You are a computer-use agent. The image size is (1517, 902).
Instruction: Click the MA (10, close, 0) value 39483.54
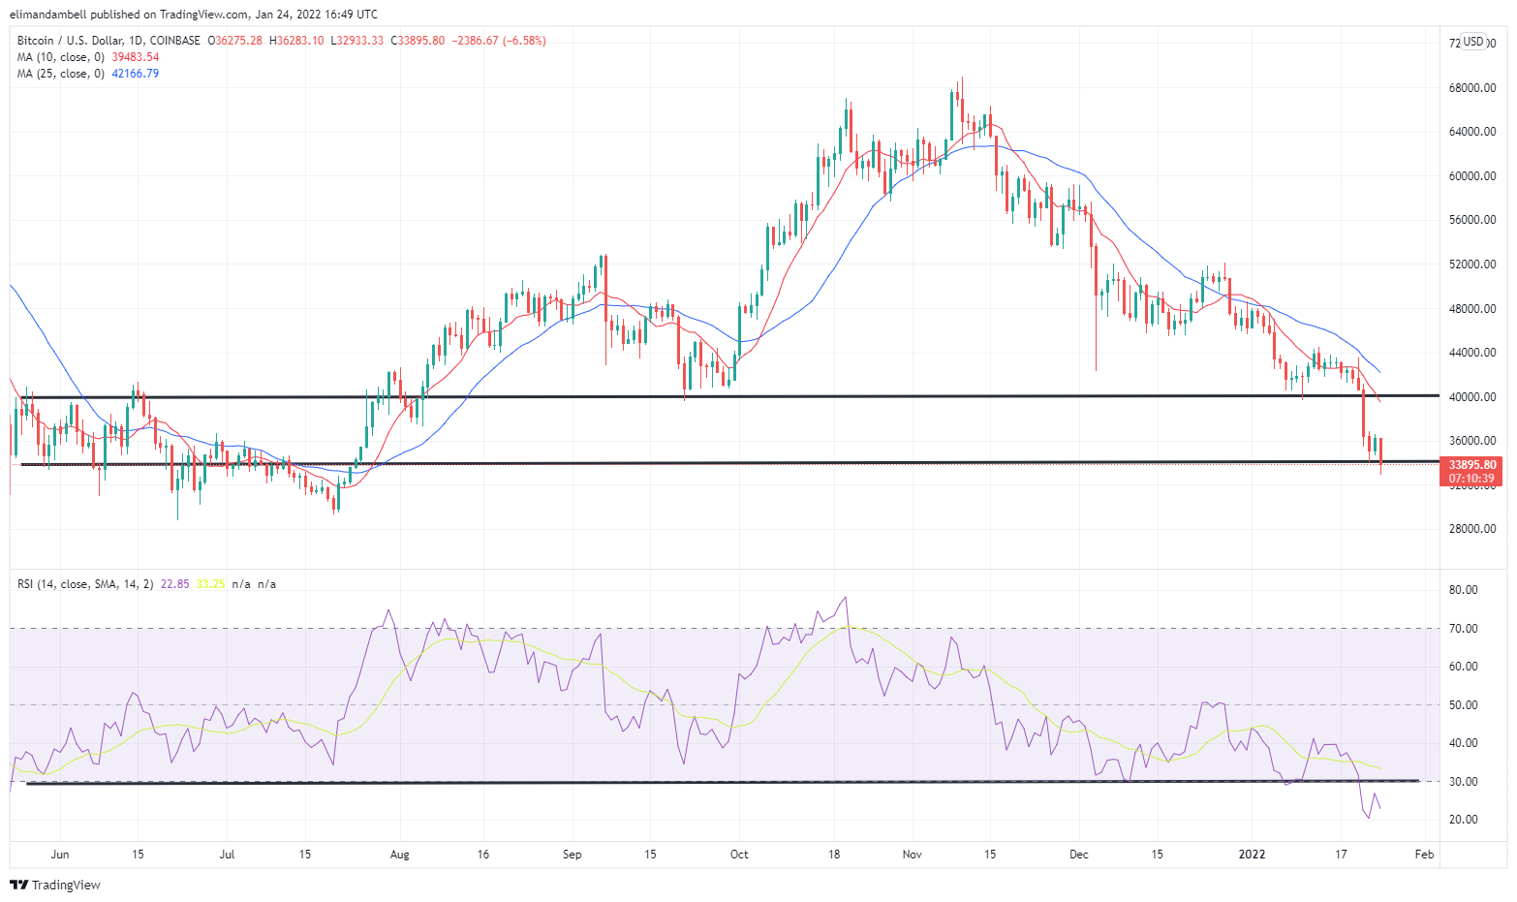pos(136,57)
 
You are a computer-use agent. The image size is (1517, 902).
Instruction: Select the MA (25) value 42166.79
pos(136,74)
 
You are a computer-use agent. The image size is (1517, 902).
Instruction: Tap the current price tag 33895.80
pos(1471,465)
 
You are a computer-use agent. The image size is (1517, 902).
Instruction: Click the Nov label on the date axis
pos(912,855)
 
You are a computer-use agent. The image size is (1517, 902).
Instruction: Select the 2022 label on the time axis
pos(1253,855)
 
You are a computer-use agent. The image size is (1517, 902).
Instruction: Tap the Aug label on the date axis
pos(399,855)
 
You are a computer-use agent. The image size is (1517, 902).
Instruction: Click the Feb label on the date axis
pos(1424,855)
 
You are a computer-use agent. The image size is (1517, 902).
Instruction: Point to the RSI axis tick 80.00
pos(1464,590)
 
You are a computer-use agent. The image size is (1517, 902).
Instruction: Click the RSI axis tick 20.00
pos(1464,820)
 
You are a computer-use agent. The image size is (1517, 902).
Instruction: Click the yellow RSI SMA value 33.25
pos(210,584)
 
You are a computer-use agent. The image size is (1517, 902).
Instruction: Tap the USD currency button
pos(1473,42)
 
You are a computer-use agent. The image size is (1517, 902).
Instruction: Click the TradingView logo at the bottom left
pos(55,885)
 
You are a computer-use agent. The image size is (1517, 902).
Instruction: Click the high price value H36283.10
pos(296,41)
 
